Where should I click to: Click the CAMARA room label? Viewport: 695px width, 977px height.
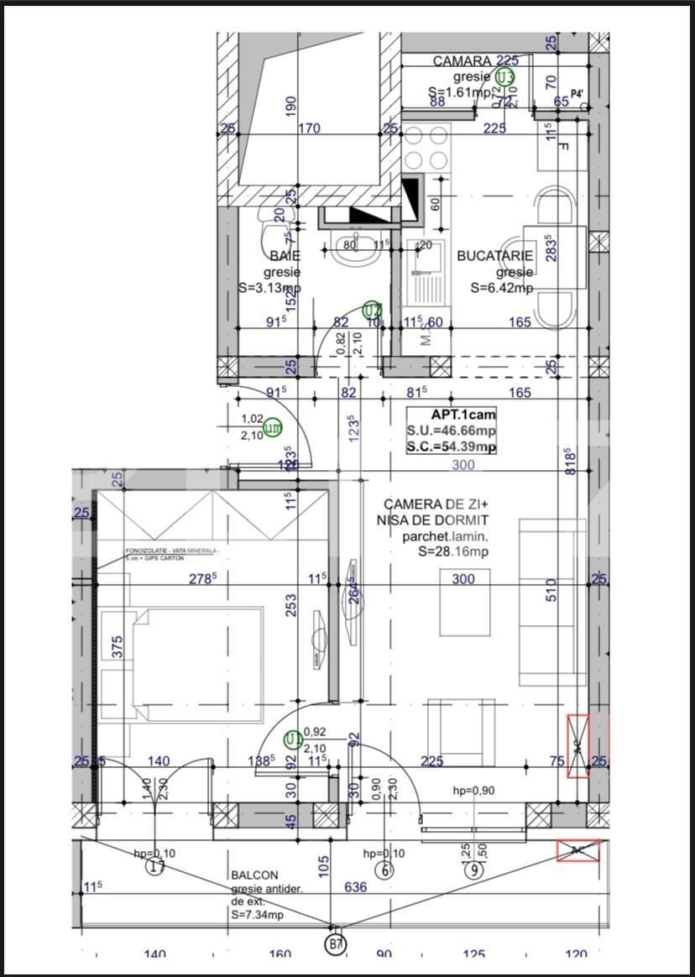pos(462,61)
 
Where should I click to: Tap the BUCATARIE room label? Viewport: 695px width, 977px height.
pos(494,256)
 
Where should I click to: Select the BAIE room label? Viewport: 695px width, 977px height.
pos(285,255)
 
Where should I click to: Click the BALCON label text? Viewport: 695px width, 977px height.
pos(254,875)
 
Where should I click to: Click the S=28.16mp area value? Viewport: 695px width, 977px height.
pos(452,551)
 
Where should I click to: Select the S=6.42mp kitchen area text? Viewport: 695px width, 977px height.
pos(501,289)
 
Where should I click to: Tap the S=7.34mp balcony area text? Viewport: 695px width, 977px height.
pos(257,915)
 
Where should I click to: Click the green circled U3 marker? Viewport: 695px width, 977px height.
pos(504,78)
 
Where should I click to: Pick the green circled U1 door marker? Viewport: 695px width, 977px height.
pos(293,739)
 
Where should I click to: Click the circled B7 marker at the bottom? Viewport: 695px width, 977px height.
pos(335,945)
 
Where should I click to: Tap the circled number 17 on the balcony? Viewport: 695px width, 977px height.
pos(155,868)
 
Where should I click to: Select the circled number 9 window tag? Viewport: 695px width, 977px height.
pos(476,870)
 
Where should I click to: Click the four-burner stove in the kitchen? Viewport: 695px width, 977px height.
pos(426,148)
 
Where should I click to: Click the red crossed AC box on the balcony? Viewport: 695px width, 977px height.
pos(578,850)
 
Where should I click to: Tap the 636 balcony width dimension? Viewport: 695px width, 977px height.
pos(356,886)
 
